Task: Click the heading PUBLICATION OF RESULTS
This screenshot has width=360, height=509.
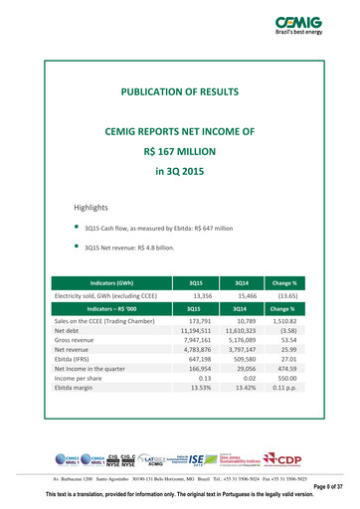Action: coord(180,91)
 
